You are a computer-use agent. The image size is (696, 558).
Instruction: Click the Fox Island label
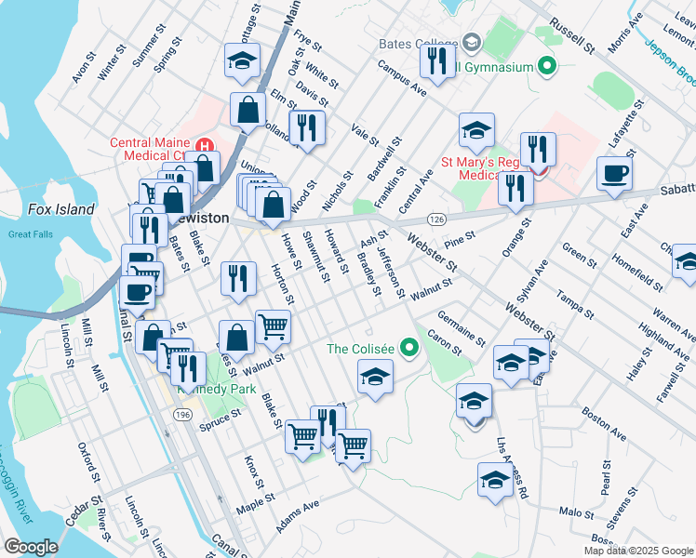pyautogui.click(x=60, y=209)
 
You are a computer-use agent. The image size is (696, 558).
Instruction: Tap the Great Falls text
pyautogui.click(x=32, y=234)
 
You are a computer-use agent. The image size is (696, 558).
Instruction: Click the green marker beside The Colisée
pyautogui.click(x=406, y=350)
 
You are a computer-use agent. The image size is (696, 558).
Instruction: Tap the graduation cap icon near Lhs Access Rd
pyautogui.click(x=494, y=480)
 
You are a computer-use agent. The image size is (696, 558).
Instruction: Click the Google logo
pyautogui.click(x=31, y=547)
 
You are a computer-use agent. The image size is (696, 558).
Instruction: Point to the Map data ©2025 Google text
pyautogui.click(x=638, y=551)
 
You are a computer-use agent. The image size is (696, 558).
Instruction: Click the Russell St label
pyautogui.click(x=570, y=33)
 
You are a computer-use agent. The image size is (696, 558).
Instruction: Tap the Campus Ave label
pyautogui.click(x=401, y=79)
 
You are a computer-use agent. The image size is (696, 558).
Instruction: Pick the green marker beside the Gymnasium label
pyautogui.click(x=547, y=66)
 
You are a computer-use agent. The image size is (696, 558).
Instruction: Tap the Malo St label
pyautogui.click(x=577, y=512)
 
